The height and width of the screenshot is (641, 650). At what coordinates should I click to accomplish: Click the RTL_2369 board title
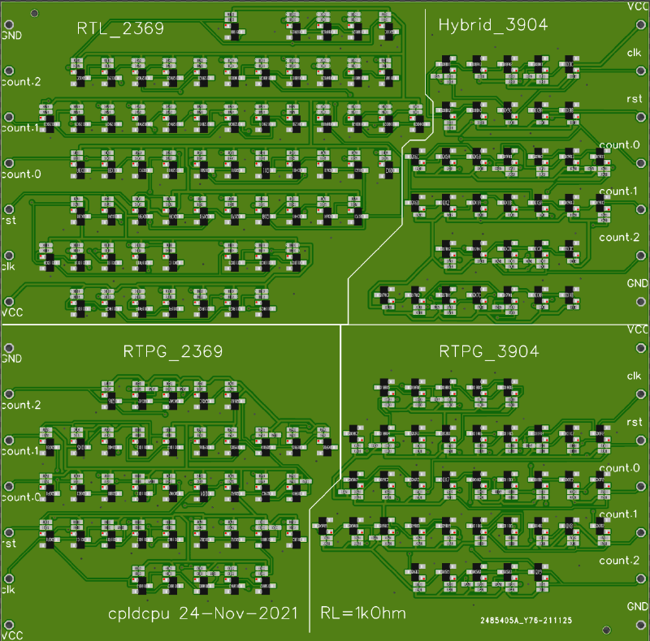(x=120, y=28)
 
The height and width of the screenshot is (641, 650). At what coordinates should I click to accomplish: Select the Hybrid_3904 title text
(x=492, y=25)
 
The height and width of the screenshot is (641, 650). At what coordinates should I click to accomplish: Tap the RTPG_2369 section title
(x=173, y=351)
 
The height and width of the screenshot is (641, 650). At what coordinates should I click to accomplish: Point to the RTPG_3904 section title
(x=489, y=351)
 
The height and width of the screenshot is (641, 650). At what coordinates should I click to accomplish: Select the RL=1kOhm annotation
(x=363, y=613)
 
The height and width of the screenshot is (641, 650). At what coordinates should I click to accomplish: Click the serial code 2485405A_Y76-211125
(x=526, y=621)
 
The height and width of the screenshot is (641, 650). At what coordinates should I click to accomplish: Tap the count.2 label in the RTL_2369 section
(x=21, y=82)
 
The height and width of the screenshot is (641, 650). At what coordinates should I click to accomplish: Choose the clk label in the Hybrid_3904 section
(x=634, y=53)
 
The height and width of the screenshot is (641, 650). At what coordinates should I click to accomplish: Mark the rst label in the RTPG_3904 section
(x=634, y=422)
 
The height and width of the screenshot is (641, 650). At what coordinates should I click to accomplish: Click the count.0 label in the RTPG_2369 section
(x=21, y=497)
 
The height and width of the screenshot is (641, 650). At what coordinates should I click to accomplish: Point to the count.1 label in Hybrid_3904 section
(x=619, y=191)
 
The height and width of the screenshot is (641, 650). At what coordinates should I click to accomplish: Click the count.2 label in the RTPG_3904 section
(x=619, y=561)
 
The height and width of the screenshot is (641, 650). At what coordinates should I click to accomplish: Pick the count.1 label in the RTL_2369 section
(x=21, y=127)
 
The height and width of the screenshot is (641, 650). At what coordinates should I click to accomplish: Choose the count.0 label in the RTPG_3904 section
(x=619, y=468)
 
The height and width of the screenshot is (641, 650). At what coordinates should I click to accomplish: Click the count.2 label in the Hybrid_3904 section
(x=619, y=237)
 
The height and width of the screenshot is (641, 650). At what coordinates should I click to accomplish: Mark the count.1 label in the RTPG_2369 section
(x=21, y=450)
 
